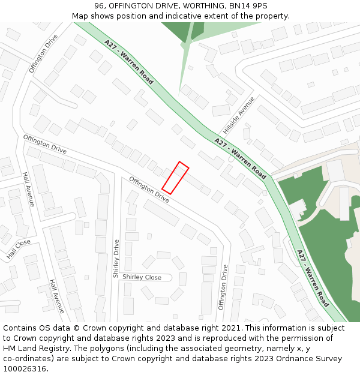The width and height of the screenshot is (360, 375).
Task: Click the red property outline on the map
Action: pyautogui.click(x=175, y=178)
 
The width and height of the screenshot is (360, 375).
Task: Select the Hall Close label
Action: pyautogui.click(x=19, y=249)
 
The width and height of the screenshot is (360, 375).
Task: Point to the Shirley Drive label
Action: pyautogui.click(x=116, y=259)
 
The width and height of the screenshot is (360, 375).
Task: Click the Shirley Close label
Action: pyautogui.click(x=142, y=277)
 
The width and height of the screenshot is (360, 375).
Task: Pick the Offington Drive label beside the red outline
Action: pyautogui.click(x=149, y=188)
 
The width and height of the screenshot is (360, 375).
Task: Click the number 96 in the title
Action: pyautogui.click(x=100, y=6)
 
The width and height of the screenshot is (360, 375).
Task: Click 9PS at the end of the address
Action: pyautogui.click(x=259, y=6)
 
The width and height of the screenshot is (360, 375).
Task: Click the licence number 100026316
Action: pyautogui.click(x=25, y=369)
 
